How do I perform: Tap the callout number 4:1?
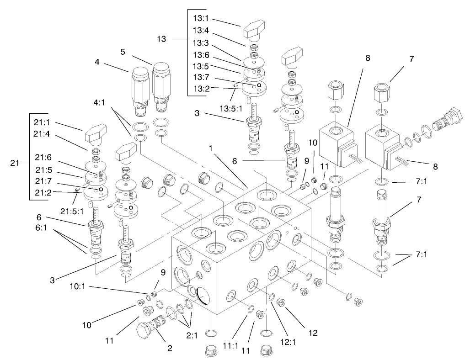[x=100, y=103]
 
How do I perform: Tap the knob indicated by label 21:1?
[x=94, y=132]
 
